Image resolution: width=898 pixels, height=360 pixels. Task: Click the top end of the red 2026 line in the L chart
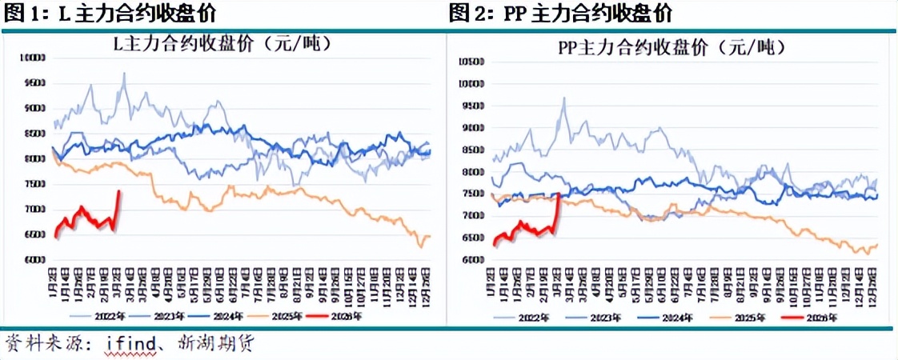[x=119, y=190]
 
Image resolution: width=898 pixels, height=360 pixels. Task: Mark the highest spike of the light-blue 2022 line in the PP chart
[x=564, y=98]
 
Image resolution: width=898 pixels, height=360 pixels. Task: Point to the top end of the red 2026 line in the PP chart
[x=558, y=194]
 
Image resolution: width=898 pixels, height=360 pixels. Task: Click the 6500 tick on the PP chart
[x=471, y=238]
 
